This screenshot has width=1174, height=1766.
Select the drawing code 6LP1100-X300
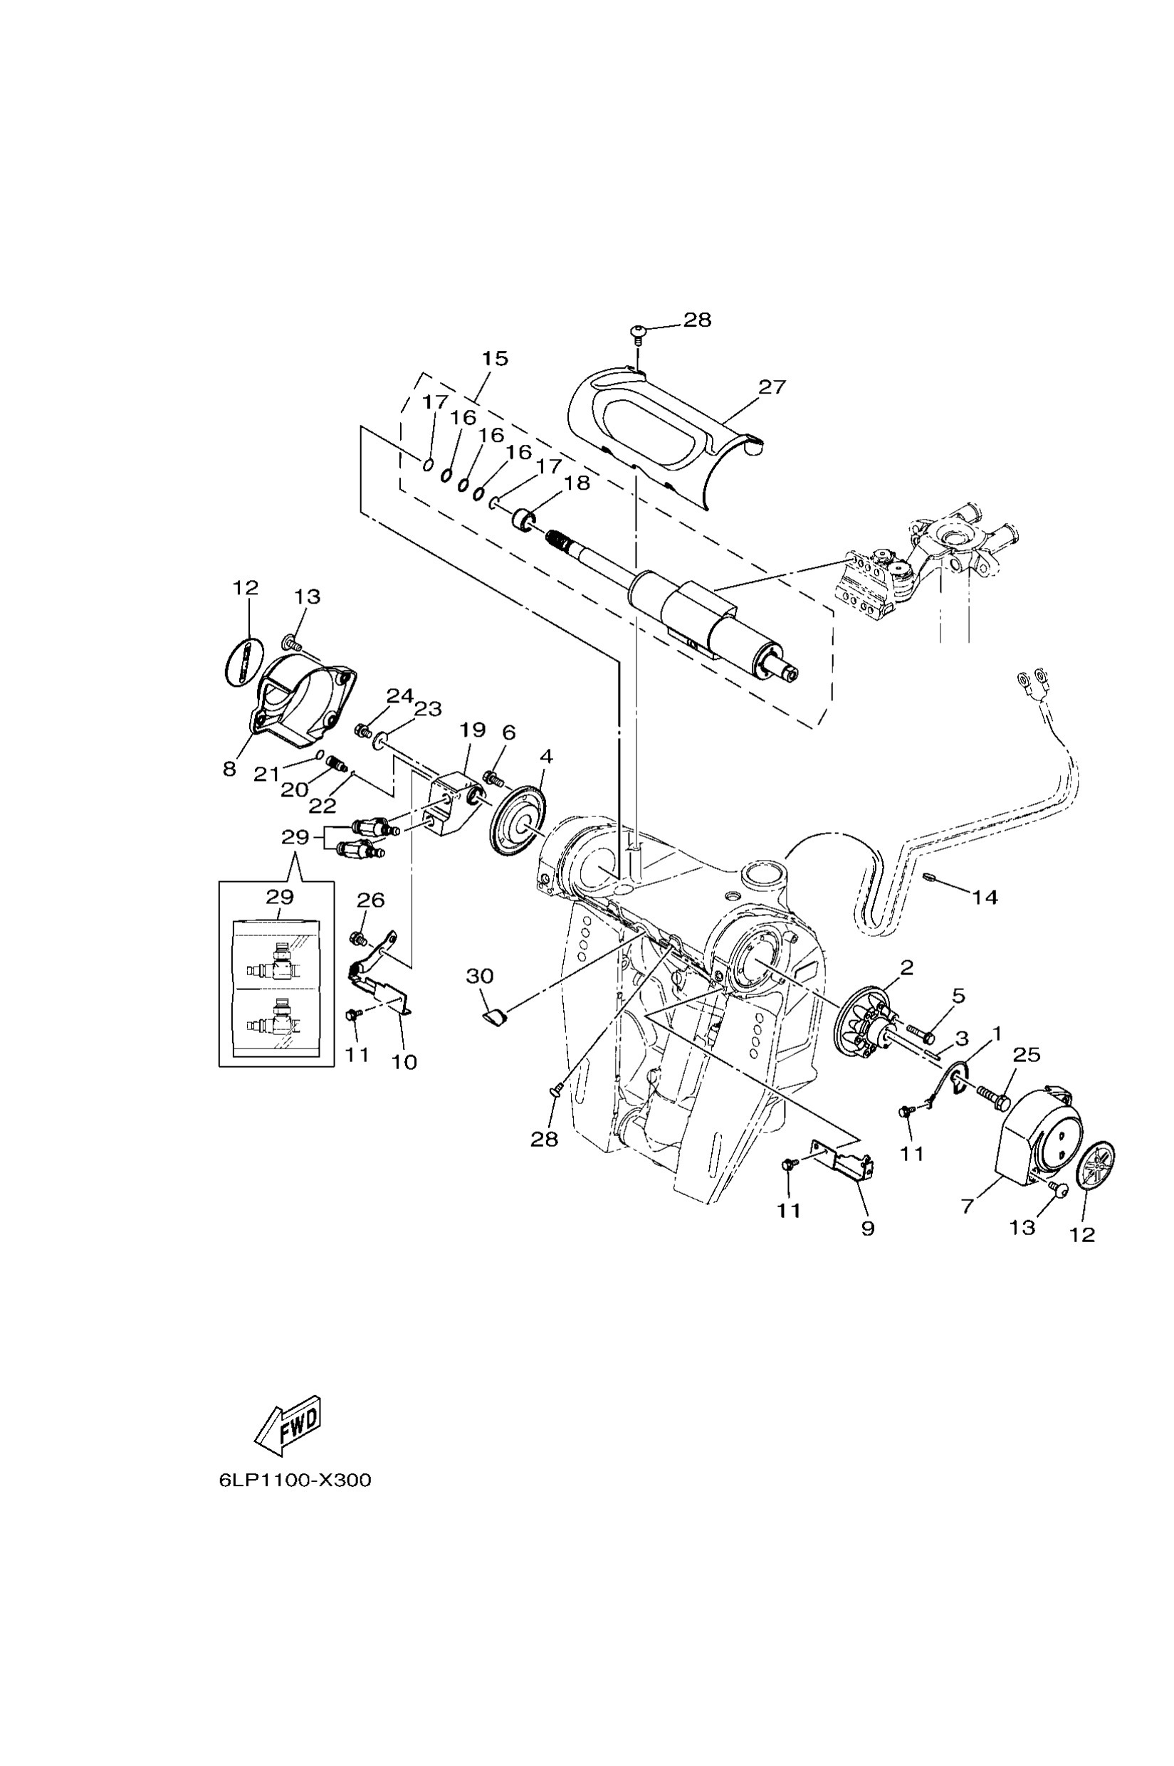(295, 1480)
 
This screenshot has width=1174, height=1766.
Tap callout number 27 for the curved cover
(772, 387)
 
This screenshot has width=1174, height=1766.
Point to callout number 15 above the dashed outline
(495, 359)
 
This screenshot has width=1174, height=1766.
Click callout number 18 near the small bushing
(577, 483)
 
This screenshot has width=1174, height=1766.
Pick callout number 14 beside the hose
(985, 896)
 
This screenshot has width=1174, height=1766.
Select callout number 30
(480, 975)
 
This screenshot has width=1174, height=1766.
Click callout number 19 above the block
(473, 729)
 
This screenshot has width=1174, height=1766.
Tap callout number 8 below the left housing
(229, 769)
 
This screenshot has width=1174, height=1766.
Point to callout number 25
(1026, 1055)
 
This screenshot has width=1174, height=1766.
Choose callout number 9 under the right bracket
(868, 1228)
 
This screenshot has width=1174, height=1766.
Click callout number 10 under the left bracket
(404, 1061)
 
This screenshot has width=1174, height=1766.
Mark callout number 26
(371, 900)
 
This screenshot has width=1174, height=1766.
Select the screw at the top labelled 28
(638, 330)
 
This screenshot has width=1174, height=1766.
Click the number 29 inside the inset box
(279, 896)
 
